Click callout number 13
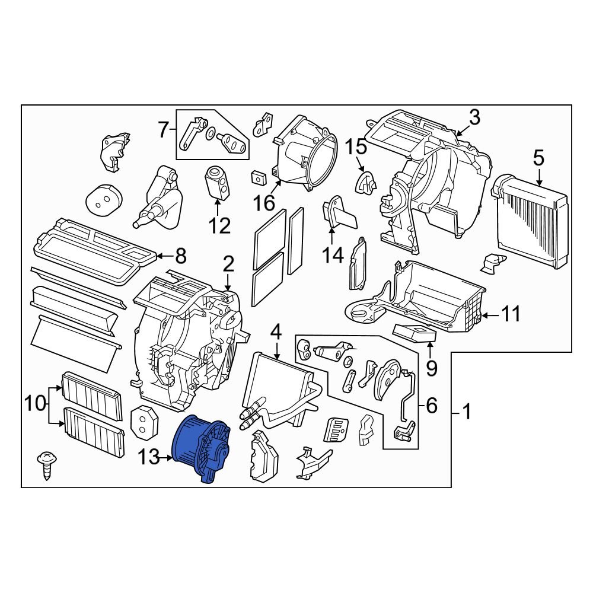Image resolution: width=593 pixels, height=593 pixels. (x=150, y=457)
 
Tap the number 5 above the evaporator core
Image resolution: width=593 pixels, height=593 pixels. (x=538, y=158)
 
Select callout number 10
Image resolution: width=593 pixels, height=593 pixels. (x=36, y=404)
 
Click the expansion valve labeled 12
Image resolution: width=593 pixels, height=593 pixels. (x=217, y=182)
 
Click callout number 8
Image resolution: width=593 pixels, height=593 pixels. (x=180, y=256)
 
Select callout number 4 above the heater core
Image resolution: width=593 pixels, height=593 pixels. (x=276, y=333)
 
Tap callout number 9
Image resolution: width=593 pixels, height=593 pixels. (x=431, y=368)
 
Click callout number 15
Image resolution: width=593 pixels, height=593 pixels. (x=358, y=146)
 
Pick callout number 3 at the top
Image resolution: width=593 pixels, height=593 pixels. (x=474, y=117)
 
